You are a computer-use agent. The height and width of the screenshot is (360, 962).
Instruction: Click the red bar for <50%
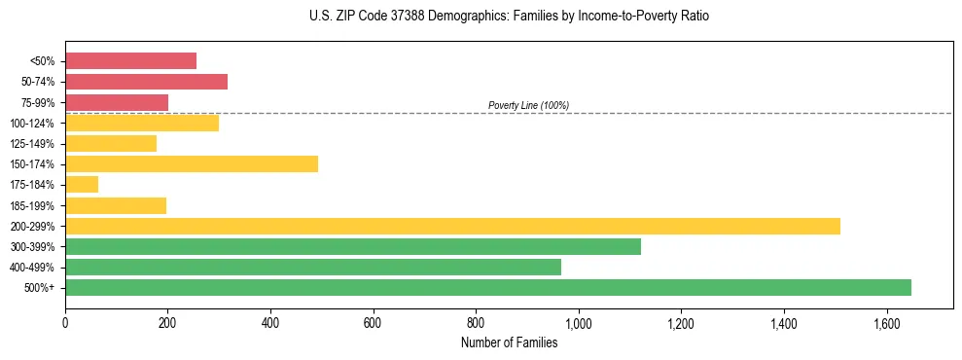[130, 61]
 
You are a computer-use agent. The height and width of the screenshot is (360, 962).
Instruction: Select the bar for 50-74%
[146, 82]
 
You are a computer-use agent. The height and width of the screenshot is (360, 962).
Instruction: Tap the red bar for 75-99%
[117, 102]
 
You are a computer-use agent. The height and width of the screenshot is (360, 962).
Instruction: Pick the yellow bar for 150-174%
[192, 163]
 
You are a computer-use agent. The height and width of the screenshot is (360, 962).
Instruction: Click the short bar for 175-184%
[82, 184]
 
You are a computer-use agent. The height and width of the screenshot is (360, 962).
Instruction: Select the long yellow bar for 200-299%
[452, 226]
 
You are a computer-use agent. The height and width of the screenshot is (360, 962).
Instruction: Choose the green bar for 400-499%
[313, 267]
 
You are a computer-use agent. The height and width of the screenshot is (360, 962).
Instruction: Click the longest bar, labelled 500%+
[488, 287]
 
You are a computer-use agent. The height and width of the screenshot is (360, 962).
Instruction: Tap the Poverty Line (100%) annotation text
[528, 105]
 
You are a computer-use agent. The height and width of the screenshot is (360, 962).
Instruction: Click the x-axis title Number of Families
[509, 342]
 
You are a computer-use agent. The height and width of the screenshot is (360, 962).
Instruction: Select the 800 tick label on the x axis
[476, 322]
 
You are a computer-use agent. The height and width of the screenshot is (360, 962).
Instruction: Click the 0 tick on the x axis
[65, 322]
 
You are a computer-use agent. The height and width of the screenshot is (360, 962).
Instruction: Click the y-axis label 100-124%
[32, 124]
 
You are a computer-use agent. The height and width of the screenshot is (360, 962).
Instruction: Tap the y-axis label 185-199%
[32, 205]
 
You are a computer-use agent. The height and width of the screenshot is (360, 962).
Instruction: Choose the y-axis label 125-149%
[32, 144]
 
